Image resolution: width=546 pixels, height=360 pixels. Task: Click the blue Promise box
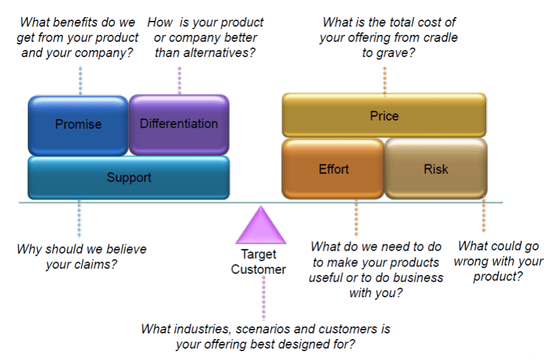tap(78, 124)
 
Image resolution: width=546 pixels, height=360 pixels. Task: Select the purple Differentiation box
tap(178, 124)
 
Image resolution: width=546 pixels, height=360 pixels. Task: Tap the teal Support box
tap(128, 177)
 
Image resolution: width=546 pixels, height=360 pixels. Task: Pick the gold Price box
tap(384, 116)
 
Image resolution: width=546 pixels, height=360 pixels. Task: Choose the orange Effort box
tap(333, 169)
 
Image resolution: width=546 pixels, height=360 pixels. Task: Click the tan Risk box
tap(436, 169)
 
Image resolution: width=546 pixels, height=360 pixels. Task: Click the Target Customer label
tap(258, 262)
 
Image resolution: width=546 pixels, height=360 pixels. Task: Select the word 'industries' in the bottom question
tap(197, 329)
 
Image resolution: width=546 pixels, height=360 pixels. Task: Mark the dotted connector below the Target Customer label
tap(263, 298)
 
